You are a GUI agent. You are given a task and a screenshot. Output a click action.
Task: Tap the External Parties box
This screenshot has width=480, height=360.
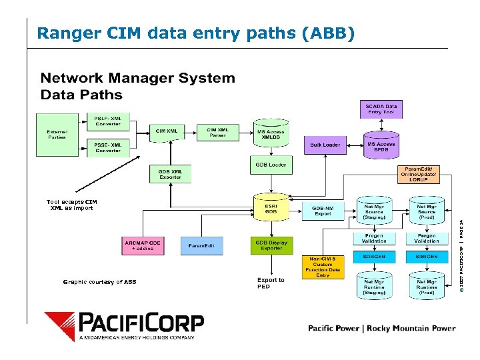click(x=57, y=134)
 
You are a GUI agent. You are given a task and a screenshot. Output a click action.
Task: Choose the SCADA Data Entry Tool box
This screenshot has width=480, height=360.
click(x=381, y=109)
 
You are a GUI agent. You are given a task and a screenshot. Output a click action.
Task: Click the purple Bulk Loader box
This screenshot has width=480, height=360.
click(x=325, y=145)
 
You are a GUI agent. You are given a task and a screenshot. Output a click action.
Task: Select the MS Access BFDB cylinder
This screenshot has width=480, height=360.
click(x=381, y=146)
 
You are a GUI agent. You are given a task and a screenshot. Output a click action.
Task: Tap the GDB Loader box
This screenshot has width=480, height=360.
click(x=271, y=165)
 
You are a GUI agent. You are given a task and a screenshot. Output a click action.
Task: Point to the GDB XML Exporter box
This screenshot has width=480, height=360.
click(x=170, y=174)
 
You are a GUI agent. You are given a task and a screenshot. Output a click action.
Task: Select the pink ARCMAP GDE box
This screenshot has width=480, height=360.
click(x=142, y=245)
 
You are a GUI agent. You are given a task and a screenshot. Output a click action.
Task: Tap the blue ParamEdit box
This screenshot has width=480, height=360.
click(x=201, y=246)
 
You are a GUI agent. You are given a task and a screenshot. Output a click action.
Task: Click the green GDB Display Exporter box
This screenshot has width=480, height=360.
click(x=271, y=245)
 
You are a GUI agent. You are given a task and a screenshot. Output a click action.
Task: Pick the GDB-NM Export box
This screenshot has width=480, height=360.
click(x=323, y=211)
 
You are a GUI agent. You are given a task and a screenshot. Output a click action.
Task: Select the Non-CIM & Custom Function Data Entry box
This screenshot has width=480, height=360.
click(x=323, y=266)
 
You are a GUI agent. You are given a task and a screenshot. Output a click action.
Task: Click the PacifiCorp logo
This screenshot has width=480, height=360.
click(x=124, y=325)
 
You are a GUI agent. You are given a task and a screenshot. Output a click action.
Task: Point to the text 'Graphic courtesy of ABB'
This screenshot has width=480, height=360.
click(x=99, y=282)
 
